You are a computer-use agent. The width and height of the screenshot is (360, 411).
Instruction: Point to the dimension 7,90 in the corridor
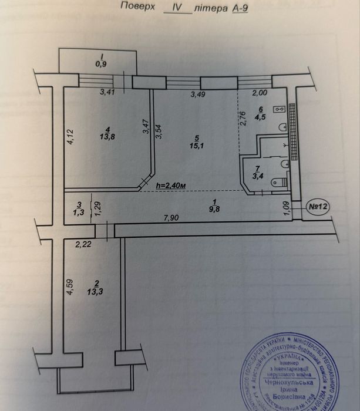point(171,218)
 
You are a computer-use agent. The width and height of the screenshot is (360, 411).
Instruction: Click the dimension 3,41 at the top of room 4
point(107,92)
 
